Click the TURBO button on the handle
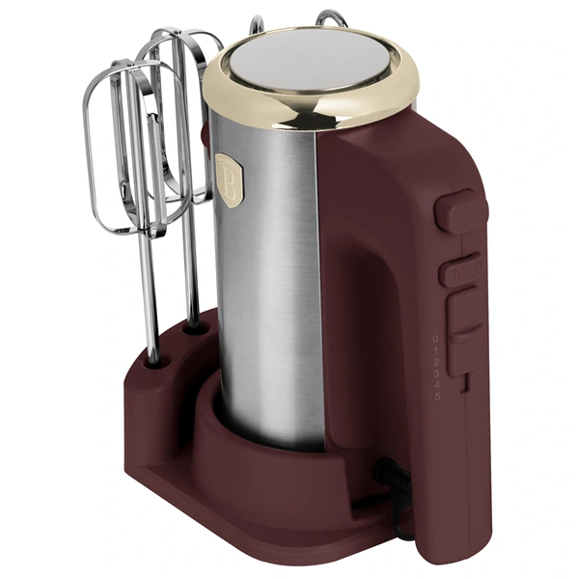pos(460,272)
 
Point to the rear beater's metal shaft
pos(192,270)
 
